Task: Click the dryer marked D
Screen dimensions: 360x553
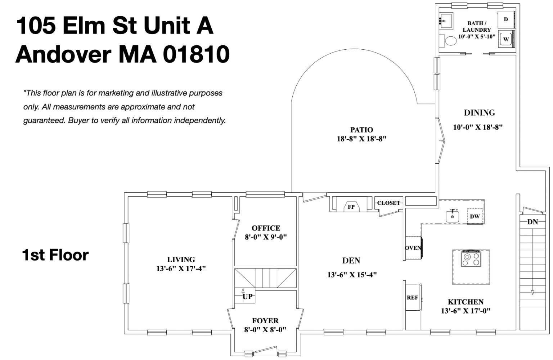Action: click(x=506, y=19)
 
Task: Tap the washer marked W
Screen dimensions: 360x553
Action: click(x=506, y=39)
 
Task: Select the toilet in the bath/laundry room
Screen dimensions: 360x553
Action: click(x=450, y=40)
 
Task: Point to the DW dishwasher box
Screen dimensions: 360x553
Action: click(x=475, y=216)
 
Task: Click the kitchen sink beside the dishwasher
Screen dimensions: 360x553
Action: click(x=453, y=216)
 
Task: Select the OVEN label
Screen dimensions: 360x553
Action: click(x=413, y=248)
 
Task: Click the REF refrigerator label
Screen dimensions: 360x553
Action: click(x=412, y=298)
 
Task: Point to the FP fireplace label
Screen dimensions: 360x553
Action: click(x=351, y=207)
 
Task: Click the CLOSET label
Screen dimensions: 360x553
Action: click(x=388, y=203)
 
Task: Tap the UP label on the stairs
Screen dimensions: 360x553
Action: click(x=247, y=297)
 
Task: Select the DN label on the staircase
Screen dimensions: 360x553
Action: click(x=532, y=222)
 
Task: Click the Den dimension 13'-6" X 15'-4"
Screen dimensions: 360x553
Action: click(x=352, y=275)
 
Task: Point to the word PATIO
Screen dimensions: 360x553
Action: click(x=361, y=130)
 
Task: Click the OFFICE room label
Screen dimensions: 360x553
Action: click(x=266, y=228)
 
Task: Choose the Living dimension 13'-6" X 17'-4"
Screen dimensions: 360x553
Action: click(x=181, y=268)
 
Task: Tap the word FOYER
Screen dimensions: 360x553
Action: click(x=265, y=320)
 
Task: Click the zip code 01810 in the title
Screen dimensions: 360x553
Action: click(x=196, y=54)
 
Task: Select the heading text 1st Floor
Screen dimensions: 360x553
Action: click(x=55, y=255)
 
